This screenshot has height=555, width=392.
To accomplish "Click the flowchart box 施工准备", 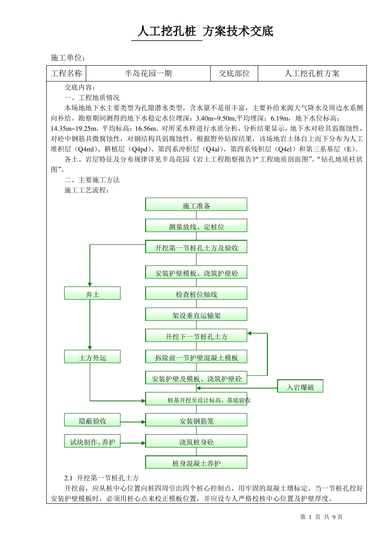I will (x=196, y=205).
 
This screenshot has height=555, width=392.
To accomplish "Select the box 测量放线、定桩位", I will (x=196, y=226).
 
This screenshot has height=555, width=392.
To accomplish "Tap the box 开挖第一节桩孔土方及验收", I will (x=196, y=247).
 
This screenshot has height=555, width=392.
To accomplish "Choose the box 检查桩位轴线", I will (x=196, y=294).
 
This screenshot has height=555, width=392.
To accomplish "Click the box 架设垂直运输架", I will (x=196, y=315).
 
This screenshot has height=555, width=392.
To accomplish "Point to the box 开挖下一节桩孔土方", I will (x=196, y=336).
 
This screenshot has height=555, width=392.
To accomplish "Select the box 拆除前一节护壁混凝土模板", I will (x=196, y=357).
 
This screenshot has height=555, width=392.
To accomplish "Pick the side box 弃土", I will (x=92, y=294).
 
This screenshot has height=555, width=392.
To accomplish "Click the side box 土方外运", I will (x=92, y=357).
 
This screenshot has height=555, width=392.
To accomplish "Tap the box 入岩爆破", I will (x=300, y=387).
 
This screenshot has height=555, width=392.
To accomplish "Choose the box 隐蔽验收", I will (x=92, y=420).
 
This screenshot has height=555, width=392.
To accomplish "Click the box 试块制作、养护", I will (x=92, y=441).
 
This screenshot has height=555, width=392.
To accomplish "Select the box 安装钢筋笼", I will (x=196, y=420).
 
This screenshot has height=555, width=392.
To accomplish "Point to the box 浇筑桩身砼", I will (x=196, y=441).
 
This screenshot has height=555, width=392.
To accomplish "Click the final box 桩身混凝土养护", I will (x=196, y=462).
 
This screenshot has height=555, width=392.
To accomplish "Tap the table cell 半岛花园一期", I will (x=148, y=74).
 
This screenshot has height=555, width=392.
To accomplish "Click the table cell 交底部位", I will (x=234, y=74).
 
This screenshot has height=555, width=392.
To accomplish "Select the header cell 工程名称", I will (x=66, y=74).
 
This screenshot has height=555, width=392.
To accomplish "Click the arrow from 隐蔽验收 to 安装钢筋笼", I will (x=132, y=422).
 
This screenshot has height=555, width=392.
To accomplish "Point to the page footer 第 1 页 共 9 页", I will (x=321, y=517).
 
